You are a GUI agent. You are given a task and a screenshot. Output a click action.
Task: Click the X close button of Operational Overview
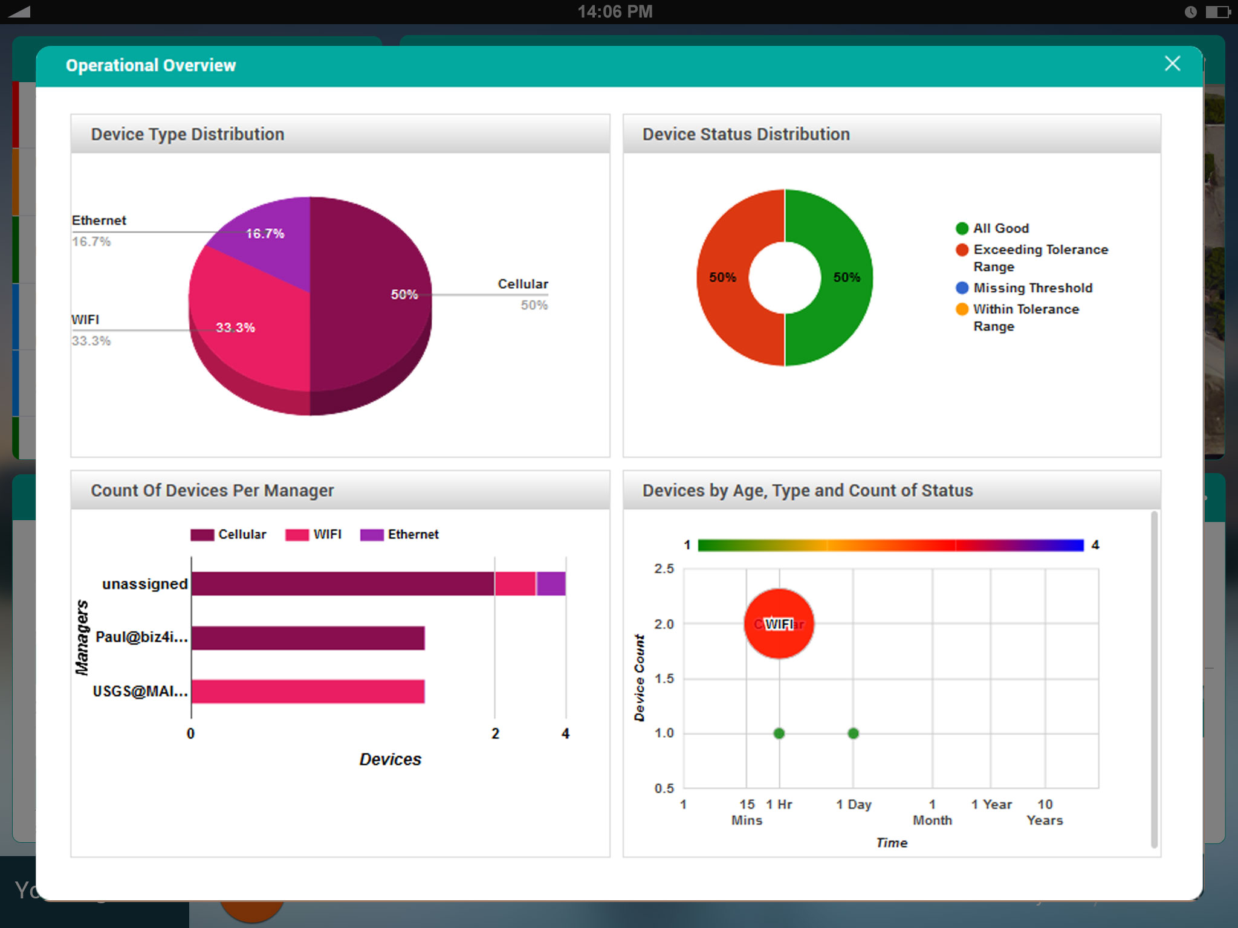1172,63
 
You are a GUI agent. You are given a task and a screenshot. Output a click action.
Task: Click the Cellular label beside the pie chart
523,284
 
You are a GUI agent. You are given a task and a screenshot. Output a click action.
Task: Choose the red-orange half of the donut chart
725,278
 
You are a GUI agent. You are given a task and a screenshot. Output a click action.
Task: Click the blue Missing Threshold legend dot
962,288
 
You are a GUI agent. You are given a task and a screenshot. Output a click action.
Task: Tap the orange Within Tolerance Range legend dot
962,309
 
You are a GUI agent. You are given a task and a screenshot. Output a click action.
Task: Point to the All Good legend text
1001,228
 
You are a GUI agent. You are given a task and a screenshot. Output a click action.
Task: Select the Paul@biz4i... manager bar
308,638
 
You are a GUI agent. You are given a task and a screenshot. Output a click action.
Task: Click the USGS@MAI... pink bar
308,692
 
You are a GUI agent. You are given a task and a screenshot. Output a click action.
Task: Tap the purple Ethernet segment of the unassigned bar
551,584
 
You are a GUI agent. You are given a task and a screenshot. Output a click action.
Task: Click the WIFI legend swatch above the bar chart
297,535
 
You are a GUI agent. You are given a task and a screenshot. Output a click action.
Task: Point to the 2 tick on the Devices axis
495,733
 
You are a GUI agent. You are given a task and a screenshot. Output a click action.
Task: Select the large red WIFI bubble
779,624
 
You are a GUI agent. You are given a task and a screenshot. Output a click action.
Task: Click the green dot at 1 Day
853,733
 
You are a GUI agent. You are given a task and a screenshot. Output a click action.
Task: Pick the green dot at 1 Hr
779,733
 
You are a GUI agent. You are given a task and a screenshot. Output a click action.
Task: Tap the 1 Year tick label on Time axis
991,804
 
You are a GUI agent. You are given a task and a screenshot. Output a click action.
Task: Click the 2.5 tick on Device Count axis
664,569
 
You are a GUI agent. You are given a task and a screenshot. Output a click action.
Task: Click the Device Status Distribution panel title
746,134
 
